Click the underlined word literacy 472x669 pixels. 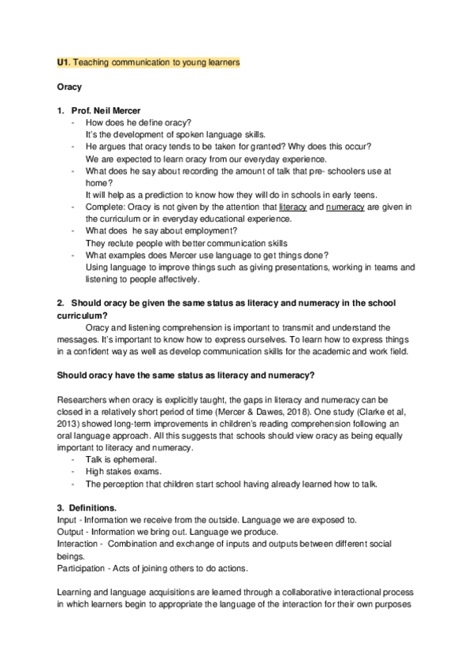click(x=293, y=207)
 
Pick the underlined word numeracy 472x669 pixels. click(x=343, y=207)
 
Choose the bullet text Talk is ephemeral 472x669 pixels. click(x=121, y=460)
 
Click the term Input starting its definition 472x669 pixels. click(x=67, y=520)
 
